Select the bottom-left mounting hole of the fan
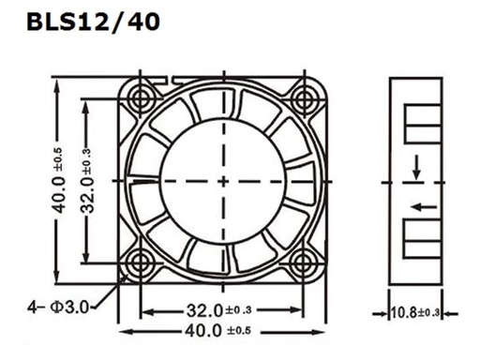(142, 259)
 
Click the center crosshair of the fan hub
(223, 177)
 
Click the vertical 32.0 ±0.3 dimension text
(86, 179)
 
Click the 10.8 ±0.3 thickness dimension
(414, 312)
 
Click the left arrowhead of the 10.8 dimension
(387, 312)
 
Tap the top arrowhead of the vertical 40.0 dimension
(57, 82)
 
